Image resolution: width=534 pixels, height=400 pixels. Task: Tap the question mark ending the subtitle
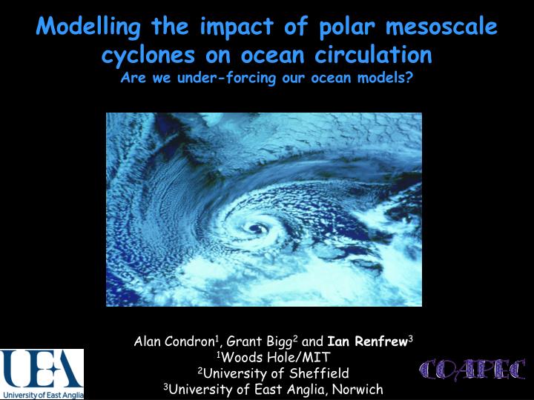point(410,79)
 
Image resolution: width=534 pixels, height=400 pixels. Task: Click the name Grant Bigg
point(259,341)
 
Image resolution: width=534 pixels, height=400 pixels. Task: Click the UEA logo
point(42,368)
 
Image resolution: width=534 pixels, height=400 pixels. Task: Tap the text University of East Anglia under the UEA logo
point(42,395)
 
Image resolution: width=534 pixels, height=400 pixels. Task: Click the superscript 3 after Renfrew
point(410,339)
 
